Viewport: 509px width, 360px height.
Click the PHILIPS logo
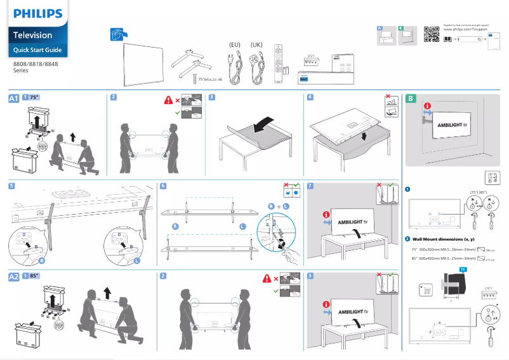38,13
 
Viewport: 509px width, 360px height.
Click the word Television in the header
33,35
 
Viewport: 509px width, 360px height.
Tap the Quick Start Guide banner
37,50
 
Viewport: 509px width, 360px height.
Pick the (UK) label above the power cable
257,44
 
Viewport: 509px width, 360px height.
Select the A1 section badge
14,98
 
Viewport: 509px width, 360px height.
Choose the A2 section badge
14,277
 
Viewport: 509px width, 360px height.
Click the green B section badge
411,98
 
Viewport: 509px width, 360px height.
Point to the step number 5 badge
11,186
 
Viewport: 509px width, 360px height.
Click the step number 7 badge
309,186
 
